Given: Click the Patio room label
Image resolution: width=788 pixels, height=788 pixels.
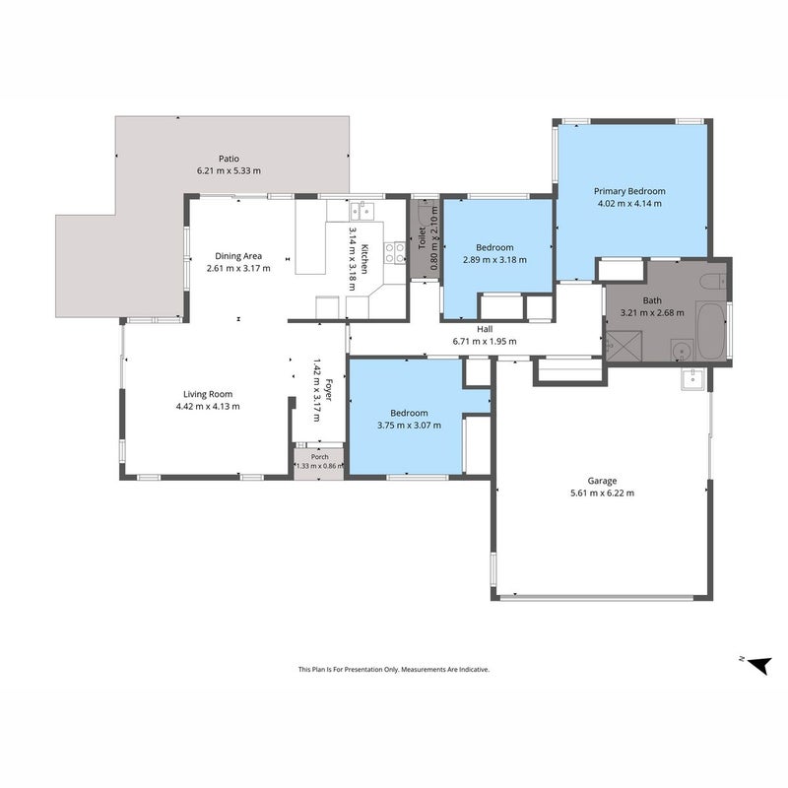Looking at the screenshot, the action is (229, 159).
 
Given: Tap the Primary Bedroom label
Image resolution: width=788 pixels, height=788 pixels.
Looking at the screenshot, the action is (629, 191).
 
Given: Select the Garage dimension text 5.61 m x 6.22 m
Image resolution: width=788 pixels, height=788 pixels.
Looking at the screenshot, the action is (602, 493).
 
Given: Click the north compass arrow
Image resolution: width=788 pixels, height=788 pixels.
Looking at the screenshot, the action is (758, 665).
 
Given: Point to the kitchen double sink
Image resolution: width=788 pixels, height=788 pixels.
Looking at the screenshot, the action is (362, 210).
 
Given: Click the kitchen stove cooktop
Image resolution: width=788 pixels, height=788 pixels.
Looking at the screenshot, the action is (395, 253).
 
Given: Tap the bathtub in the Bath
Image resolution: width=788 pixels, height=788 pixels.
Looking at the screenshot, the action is (710, 330).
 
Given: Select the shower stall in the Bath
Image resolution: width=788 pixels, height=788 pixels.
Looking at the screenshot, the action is (624, 346).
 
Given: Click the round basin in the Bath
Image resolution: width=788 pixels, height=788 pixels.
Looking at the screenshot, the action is (683, 350).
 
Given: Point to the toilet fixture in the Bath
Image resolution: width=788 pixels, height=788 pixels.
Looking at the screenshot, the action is (713, 281).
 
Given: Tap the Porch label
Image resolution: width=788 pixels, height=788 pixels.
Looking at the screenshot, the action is (319, 457).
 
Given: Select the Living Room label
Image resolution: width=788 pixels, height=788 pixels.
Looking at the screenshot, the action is (208, 394).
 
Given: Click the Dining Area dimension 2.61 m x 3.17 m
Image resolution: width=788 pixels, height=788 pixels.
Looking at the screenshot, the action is (238, 268).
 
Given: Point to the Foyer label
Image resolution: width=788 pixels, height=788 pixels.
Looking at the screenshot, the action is (328, 390).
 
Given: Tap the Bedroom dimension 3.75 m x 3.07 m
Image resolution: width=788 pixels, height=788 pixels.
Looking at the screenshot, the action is (409, 426).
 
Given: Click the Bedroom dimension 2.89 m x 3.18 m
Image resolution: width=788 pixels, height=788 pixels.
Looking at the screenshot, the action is (494, 260).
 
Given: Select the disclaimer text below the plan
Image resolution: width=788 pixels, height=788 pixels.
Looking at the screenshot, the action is (393, 670).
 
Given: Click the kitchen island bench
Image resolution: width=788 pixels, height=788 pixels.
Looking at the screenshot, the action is (310, 236).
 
